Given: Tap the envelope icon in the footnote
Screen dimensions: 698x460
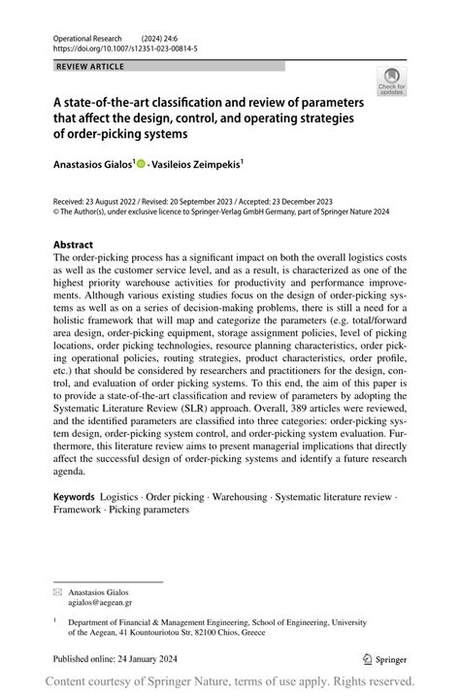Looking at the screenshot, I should tap(57, 591).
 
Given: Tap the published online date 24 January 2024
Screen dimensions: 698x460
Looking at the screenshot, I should tap(135, 656).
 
